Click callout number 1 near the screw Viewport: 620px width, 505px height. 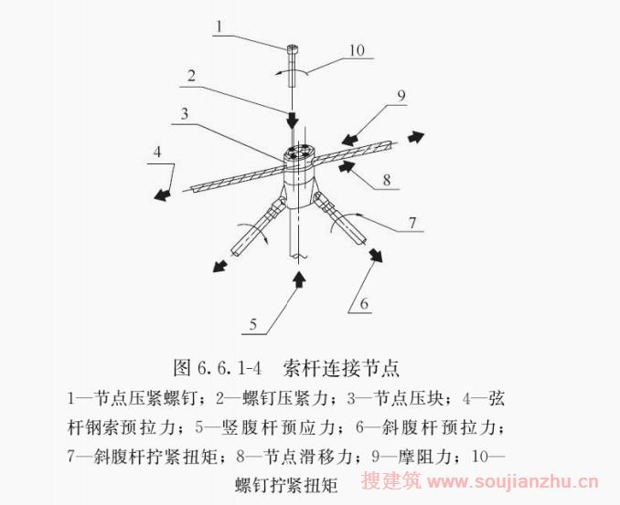click(219, 26)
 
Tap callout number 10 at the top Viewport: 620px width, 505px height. click(357, 50)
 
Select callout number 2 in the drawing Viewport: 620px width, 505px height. click(192, 75)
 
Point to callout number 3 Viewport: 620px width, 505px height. click(184, 114)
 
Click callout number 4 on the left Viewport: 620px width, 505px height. click(157, 152)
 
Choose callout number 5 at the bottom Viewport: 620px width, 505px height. click(253, 324)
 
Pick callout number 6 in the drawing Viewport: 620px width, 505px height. click(364, 303)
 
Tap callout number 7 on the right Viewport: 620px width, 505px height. click(412, 222)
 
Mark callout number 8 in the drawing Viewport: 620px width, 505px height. click(387, 180)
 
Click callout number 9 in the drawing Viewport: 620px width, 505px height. click(401, 95)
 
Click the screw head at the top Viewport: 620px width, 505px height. click(293, 48)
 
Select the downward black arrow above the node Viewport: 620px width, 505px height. click(293, 119)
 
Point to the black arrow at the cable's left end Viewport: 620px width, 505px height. click(163, 195)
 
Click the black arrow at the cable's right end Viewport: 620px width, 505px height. click(415, 137)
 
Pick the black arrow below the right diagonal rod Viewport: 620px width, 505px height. click(376, 255)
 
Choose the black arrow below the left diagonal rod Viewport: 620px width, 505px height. click(220, 266)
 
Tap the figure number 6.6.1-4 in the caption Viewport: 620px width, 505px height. click(229, 368)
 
